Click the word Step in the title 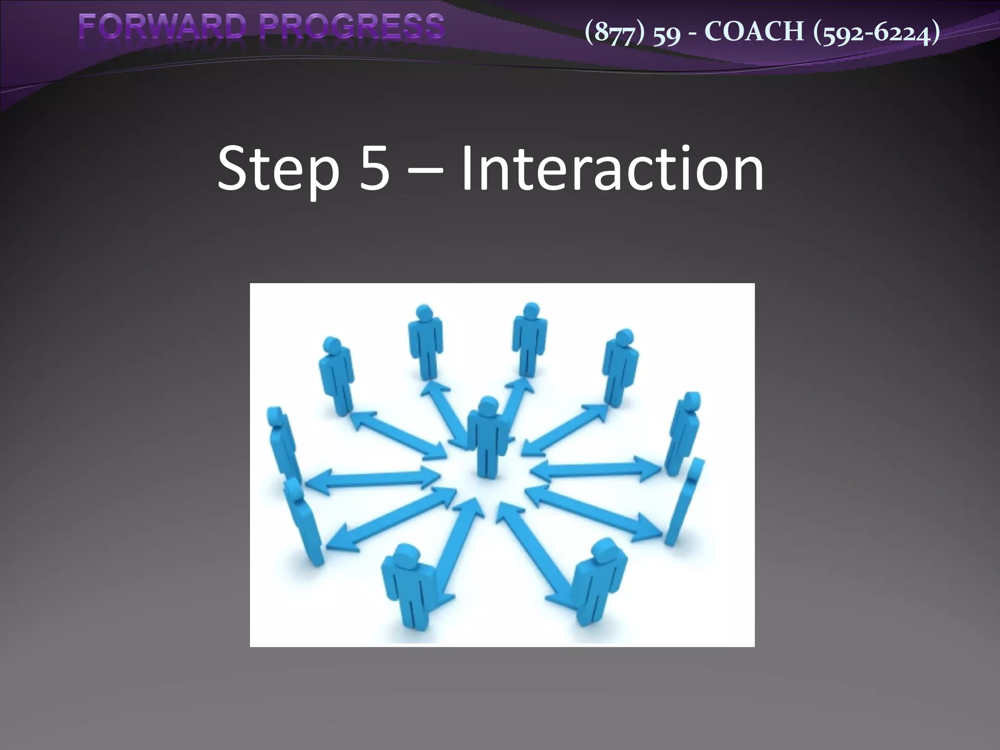point(278,168)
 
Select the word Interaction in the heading point(612,168)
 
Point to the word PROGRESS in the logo point(352,27)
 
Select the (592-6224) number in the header point(877,32)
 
